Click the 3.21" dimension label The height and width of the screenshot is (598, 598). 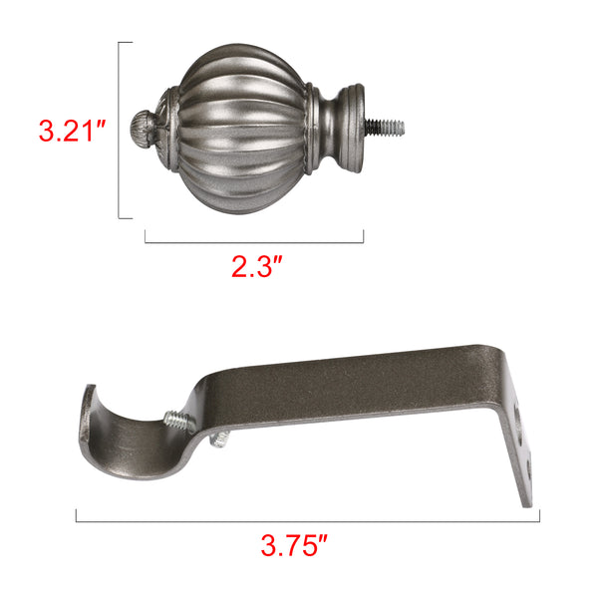click(x=72, y=131)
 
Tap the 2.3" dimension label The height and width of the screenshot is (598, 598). click(x=257, y=266)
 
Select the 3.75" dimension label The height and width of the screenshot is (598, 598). click(x=294, y=544)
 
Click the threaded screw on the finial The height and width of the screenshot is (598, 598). click(x=385, y=127)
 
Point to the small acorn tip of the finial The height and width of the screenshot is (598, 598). click(x=142, y=128)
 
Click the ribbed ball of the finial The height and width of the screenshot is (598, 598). click(x=241, y=129)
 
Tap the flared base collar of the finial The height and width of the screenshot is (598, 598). click(x=351, y=128)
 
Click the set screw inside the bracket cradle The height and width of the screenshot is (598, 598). click(x=178, y=420)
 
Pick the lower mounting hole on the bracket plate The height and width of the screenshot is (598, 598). click(x=528, y=468)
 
